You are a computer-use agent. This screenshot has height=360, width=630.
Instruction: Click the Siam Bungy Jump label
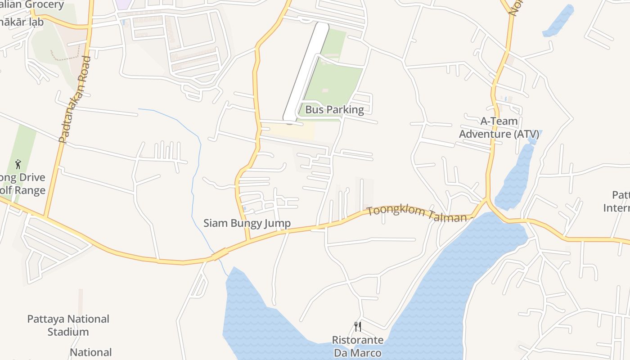tap(247, 223)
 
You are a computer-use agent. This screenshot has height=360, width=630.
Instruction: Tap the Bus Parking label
tap(334, 109)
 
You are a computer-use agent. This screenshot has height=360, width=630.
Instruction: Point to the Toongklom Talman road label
tap(416, 213)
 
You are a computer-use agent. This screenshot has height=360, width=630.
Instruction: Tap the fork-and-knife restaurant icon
tap(358, 326)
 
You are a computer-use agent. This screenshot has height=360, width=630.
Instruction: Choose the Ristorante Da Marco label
tap(358, 346)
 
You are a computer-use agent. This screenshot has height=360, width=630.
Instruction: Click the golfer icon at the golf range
tap(18, 164)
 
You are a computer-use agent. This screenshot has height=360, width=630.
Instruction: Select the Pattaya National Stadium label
tap(68, 325)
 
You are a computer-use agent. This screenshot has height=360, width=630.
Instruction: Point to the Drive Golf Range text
tap(22, 184)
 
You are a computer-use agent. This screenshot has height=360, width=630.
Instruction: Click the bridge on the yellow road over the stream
tap(220, 255)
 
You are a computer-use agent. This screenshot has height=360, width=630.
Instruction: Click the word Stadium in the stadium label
tap(68, 332)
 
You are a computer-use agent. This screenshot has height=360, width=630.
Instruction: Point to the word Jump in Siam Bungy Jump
tap(278, 223)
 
